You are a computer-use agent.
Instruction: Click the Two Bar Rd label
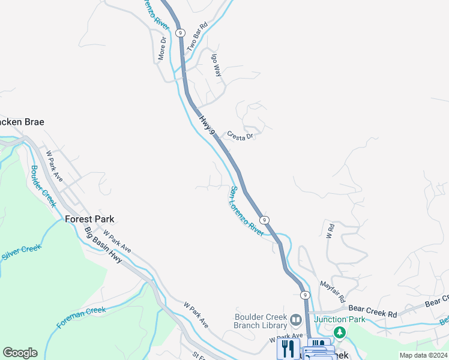pyautogui.click(x=197, y=36)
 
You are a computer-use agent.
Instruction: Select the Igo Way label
pyautogui.click(x=217, y=63)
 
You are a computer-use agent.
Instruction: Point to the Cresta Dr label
pyautogui.click(x=241, y=137)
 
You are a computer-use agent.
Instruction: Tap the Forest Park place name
pyautogui.click(x=89, y=220)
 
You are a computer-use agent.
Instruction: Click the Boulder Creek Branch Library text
pyautogui.click(x=259, y=322)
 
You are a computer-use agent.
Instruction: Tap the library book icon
pyautogui.click(x=295, y=319)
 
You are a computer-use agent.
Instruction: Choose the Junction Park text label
pyautogui.click(x=339, y=319)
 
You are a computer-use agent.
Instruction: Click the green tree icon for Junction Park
pyautogui.click(x=340, y=332)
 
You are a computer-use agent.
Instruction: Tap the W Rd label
pyautogui.click(x=330, y=230)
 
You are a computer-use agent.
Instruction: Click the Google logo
pyautogui.click(x=20, y=353)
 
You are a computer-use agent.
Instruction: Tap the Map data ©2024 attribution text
pyautogui.click(x=423, y=355)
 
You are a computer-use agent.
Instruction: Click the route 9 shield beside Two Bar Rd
pyautogui.click(x=180, y=32)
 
